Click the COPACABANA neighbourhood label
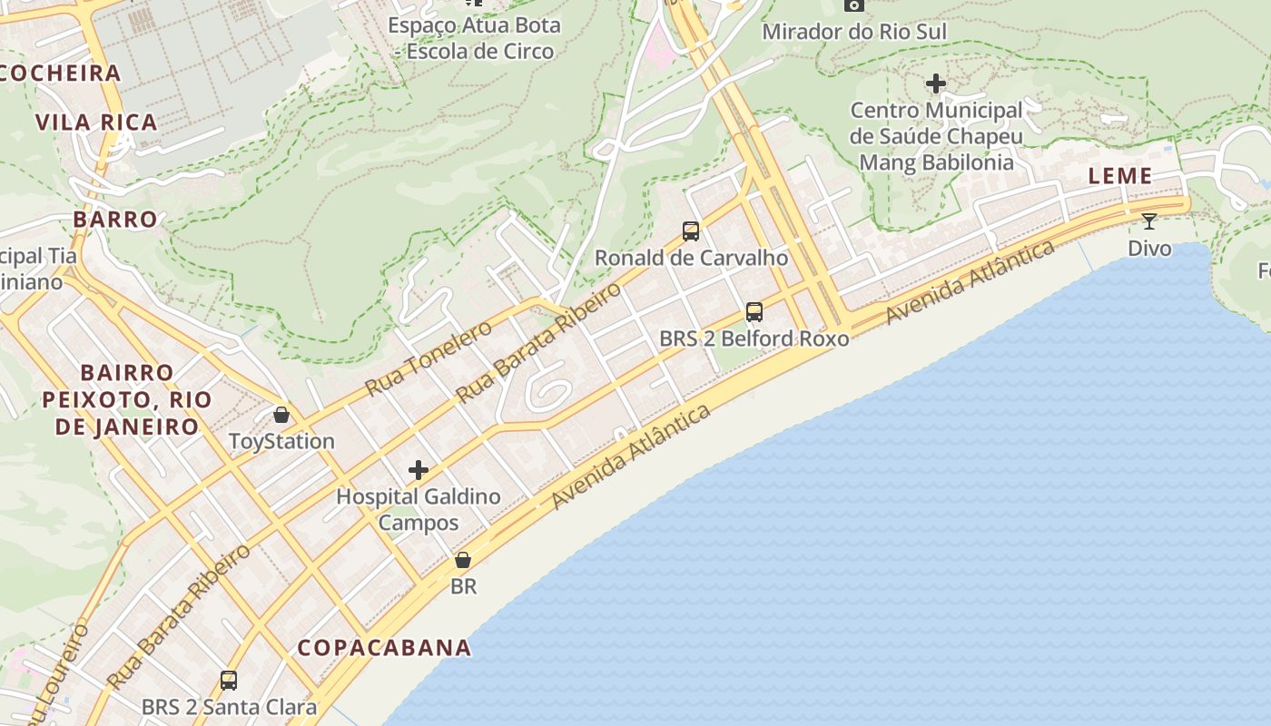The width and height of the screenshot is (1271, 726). pos(384,647)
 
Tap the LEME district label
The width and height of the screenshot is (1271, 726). pos(1119,176)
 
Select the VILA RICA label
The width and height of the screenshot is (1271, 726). pos(96,122)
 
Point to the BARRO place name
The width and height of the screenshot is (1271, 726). pos(115,219)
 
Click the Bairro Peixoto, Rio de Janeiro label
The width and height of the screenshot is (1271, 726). pos(126,399)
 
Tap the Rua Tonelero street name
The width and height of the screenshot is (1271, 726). pos(428,358)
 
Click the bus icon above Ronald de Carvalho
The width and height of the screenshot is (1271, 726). pos(691,231)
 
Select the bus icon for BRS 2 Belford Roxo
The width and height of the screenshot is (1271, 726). pos(754,312)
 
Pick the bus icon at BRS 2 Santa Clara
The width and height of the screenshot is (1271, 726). pos(229,681)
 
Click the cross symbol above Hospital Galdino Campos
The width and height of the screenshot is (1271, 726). pos(419,470)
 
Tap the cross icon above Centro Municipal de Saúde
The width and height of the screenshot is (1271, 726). pos(936,84)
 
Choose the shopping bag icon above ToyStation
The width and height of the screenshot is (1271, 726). pos(281,415)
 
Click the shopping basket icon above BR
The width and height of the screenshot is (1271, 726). pos(463,560)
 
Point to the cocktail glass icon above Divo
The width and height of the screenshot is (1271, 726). pos(1149,221)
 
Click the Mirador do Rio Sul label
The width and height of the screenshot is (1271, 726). pos(853,32)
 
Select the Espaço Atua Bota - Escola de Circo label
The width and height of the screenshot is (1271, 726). pos(474,38)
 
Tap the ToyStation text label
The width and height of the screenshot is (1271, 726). pos(281,442)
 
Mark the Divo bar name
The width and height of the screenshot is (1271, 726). pos(1149,248)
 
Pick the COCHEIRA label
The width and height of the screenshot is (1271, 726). pos(60,74)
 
